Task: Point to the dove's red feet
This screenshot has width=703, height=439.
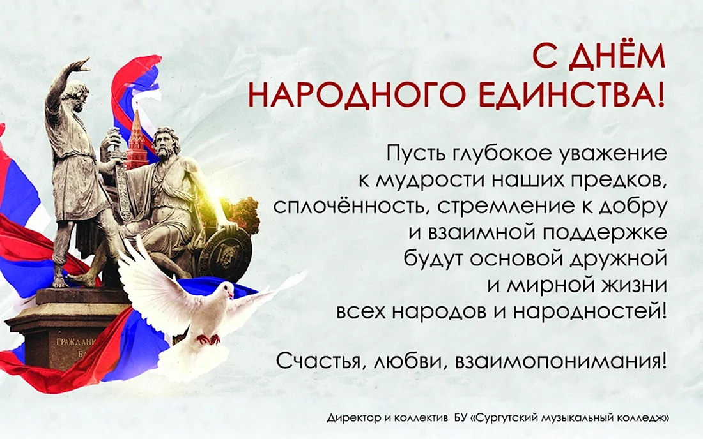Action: [208, 339]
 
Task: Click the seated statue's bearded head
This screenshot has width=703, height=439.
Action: [166, 142]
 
